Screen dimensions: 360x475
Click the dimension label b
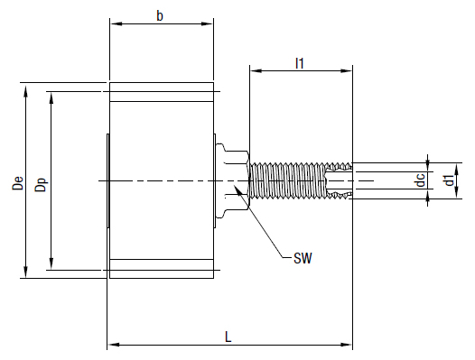coord(160,16)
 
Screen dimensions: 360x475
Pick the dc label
coord(420,181)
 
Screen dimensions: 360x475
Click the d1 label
coord(449,181)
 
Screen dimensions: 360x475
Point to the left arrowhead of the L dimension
coord(112,344)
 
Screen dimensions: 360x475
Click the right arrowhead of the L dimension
coord(348,344)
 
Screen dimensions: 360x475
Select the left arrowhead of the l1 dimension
coord(254,69)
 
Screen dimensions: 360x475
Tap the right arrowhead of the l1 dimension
coord(348,69)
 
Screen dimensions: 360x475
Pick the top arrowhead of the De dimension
coord(25,88)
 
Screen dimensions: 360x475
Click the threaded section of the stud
coord(289,180)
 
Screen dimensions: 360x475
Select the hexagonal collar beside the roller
coord(230,180)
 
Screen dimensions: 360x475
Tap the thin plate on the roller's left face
coord(107,180)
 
